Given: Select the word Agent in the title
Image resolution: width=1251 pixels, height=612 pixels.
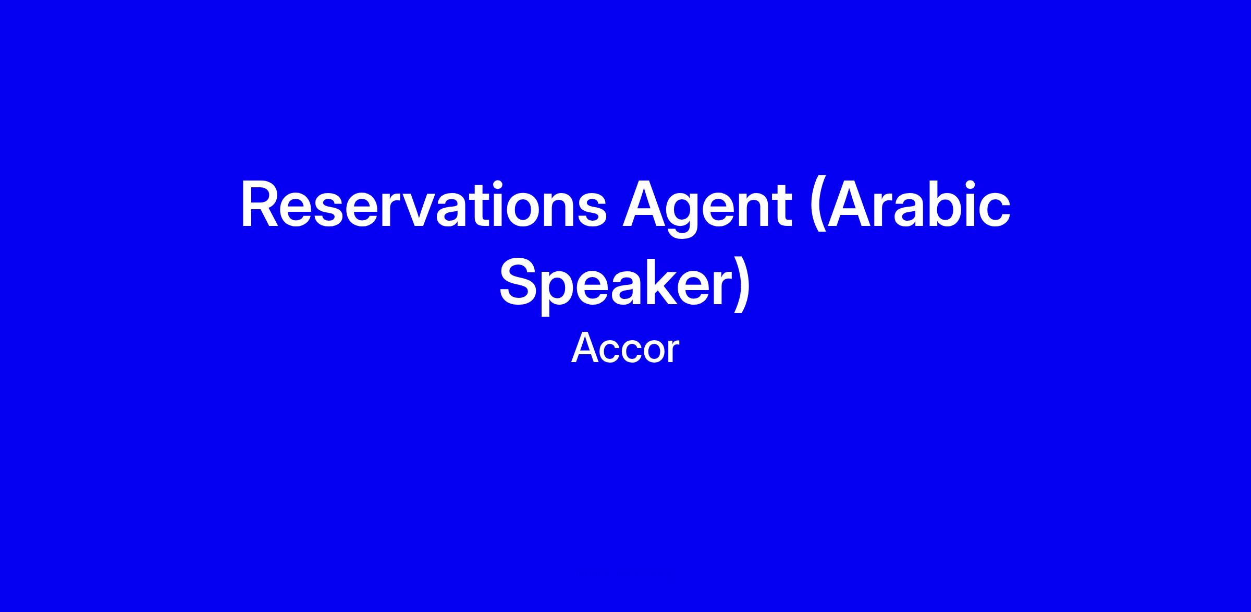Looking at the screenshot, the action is coord(707,209).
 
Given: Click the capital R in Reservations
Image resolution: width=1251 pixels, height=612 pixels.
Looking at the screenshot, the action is coord(260,205).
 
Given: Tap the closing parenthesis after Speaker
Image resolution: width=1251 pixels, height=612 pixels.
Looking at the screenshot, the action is coord(742,286).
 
